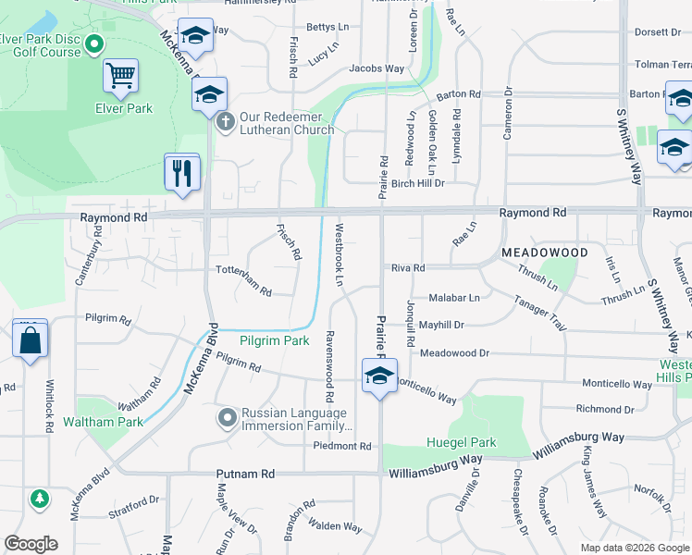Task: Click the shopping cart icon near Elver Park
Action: tap(121, 76)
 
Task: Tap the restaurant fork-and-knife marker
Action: tap(181, 172)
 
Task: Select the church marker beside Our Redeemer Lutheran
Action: tap(225, 121)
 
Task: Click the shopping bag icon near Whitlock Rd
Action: tap(31, 339)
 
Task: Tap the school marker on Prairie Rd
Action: tap(379, 376)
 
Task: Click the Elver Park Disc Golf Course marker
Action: tap(93, 43)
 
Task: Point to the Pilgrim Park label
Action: tap(275, 340)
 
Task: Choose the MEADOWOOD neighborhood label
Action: tap(545, 252)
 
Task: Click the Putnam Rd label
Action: tap(245, 474)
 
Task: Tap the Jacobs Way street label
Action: tap(377, 68)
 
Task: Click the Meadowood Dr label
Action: tap(453, 353)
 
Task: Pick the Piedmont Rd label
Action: tap(341, 446)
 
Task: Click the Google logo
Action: tap(31, 544)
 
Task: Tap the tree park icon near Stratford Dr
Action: tap(39, 499)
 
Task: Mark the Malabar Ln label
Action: tap(454, 298)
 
